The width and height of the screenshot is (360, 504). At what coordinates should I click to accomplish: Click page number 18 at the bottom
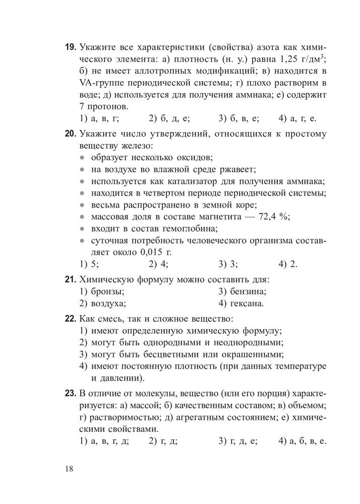tap(69, 469)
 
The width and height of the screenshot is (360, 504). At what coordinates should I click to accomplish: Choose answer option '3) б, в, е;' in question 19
tap(238, 119)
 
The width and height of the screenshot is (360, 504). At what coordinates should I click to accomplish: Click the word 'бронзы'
tap(108, 291)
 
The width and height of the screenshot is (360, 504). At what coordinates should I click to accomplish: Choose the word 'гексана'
tap(247, 303)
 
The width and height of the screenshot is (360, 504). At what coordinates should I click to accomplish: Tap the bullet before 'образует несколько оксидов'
tap(83, 158)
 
